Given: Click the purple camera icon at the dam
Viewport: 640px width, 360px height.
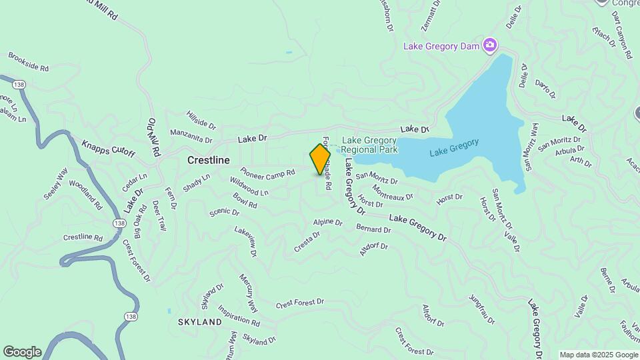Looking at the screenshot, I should [490, 45].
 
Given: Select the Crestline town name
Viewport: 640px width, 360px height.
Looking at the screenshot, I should [208, 161].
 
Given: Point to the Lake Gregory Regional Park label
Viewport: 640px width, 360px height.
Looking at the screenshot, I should [369, 145].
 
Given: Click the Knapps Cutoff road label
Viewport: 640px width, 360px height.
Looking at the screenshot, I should [108, 149].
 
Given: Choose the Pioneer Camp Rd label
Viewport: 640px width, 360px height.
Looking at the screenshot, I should [267, 173].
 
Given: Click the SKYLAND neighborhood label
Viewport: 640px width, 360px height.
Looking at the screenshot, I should [199, 322].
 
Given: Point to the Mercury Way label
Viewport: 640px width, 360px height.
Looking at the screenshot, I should [248, 293].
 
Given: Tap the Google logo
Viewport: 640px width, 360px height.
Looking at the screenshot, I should [21, 352].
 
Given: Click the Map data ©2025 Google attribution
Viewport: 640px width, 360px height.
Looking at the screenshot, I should [598, 355].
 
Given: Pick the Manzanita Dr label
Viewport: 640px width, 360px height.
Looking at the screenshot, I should [191, 136].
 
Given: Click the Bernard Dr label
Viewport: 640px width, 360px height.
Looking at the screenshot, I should [373, 229].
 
